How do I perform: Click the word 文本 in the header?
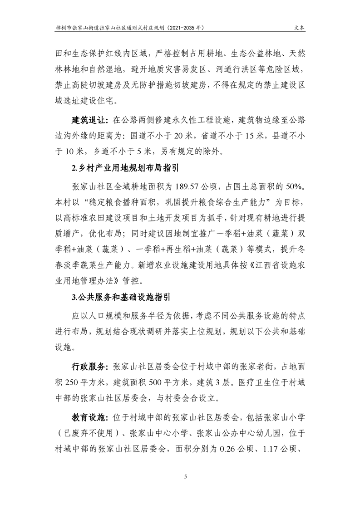300,27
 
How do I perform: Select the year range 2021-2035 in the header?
179,27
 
